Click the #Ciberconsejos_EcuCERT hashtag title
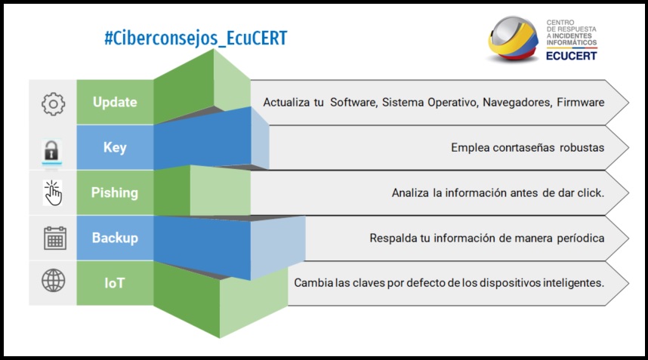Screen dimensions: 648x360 click(x=196, y=38)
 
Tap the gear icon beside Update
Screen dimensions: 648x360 click(x=54, y=103)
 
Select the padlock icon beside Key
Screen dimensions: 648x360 click(x=51, y=151)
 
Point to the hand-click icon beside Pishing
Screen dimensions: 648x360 click(x=52, y=192)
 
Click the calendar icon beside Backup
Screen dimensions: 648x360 click(x=55, y=238)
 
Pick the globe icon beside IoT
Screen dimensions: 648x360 click(x=54, y=280)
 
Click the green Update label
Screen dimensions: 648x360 click(x=115, y=102)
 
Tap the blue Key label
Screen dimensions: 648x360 click(x=115, y=147)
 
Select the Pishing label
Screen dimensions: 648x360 click(x=115, y=192)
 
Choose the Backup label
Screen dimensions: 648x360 click(x=115, y=238)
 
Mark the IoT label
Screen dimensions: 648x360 click(x=115, y=283)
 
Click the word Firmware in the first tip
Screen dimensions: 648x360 click(x=580, y=102)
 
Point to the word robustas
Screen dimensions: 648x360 click(x=582, y=147)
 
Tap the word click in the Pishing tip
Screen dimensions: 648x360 click(x=591, y=192)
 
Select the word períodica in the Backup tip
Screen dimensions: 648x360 click(x=581, y=238)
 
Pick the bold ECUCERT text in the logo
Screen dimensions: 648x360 click(x=572, y=56)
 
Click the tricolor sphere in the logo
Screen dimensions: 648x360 click(x=513, y=38)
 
